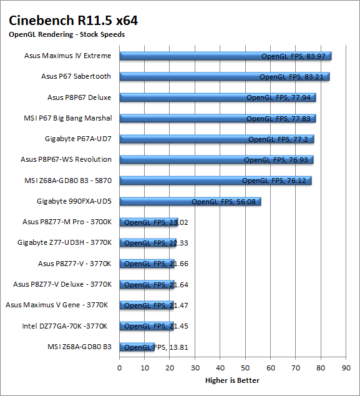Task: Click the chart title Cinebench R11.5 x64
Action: pos(73,21)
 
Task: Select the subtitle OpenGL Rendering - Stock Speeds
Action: pos(67,34)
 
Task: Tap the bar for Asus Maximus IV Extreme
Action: pos(225,56)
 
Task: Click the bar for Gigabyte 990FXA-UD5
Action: pos(190,202)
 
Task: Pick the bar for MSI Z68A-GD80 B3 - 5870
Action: pos(215,181)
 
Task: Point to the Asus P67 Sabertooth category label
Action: pos(76,76)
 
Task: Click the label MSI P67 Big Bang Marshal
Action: pos(68,118)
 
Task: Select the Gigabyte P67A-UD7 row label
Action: pos(78,139)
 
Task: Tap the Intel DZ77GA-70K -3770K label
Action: pos(65,326)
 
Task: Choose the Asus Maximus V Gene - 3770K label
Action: pos(57,305)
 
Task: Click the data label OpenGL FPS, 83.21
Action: pos(291,77)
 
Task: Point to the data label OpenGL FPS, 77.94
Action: pos(278,97)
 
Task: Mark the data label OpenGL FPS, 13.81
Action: pos(156,347)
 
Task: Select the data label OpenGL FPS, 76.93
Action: pos(276,160)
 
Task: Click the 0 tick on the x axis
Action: pos(119,368)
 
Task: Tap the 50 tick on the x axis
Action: pos(245,368)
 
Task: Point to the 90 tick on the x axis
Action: pos(346,368)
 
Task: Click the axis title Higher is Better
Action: pos(232,380)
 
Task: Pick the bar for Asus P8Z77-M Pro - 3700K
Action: pos(148,222)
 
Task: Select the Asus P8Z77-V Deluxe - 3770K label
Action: pos(62,284)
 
